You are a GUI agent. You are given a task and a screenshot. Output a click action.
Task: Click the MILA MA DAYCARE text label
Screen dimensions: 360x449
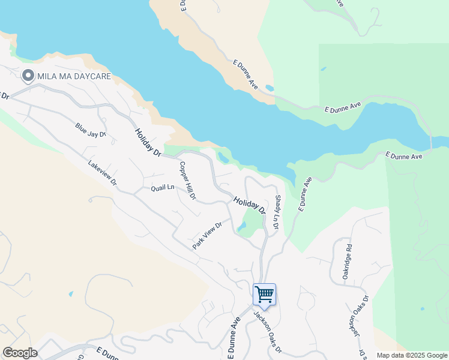pos(75,76)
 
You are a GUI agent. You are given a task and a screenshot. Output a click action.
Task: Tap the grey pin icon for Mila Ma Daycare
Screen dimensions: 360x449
pos(28,76)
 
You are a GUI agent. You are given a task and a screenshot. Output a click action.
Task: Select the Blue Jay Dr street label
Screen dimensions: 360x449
pos(91,130)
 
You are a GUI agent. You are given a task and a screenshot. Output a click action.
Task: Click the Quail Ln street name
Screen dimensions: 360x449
pos(163,187)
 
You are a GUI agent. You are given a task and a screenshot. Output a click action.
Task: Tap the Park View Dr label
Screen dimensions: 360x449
pos(208,236)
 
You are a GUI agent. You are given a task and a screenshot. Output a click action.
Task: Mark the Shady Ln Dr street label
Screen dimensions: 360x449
pos(277,212)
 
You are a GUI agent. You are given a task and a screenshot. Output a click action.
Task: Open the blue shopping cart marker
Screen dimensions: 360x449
pos(264,295)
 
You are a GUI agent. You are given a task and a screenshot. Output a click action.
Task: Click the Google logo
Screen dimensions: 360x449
pos(20,353)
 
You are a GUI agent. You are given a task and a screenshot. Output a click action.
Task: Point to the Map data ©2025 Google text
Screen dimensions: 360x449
pos(411,355)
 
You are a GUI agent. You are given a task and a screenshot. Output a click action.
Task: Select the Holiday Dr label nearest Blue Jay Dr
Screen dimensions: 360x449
pos(148,143)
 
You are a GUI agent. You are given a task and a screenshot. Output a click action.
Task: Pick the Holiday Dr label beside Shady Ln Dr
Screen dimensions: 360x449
pos(250,205)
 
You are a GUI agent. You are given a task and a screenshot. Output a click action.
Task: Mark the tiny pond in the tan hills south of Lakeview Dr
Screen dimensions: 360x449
pos(71,294)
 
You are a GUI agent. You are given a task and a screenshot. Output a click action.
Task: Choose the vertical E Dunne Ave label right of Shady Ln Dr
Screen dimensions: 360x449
pos(305,193)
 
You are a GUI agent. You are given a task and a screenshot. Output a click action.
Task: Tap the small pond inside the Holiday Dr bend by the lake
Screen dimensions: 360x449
pos(223,158)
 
